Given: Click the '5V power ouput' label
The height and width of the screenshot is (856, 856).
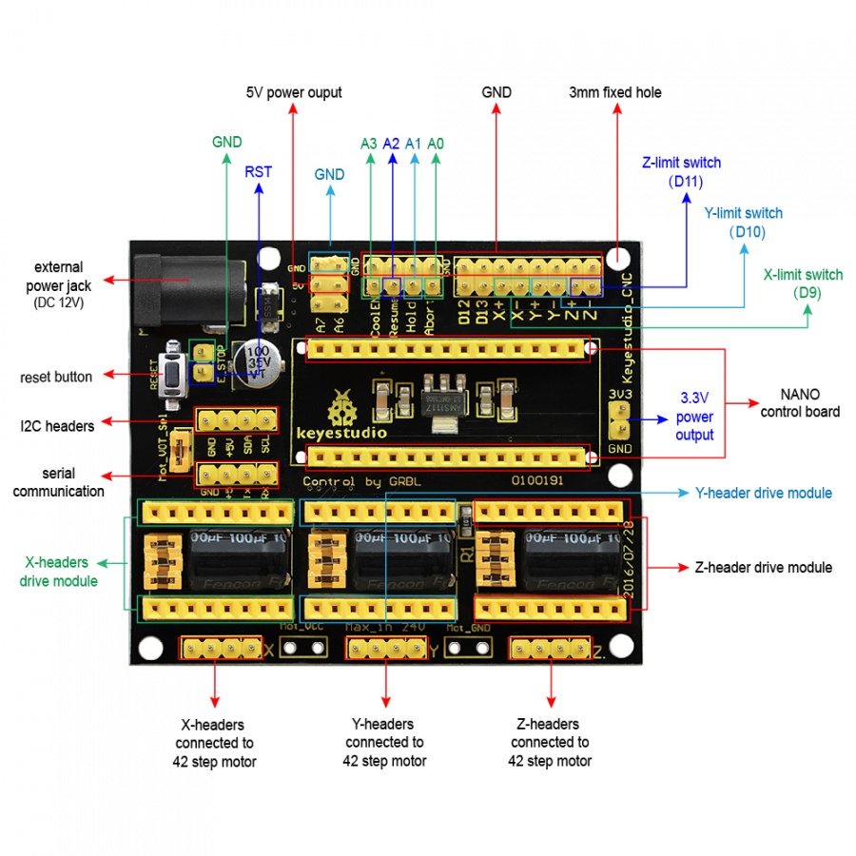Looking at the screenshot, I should click(x=293, y=92).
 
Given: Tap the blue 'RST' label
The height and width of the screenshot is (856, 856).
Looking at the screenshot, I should click(x=258, y=171).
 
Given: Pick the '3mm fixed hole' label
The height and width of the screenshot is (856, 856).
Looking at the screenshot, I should click(x=614, y=92).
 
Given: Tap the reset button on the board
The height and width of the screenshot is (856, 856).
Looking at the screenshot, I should click(x=174, y=374).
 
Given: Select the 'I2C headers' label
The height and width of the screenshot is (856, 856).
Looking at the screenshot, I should click(x=57, y=426).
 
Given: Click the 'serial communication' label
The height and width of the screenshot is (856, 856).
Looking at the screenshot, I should click(x=59, y=482).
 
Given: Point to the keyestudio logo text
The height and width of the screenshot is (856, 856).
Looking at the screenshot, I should click(x=341, y=433).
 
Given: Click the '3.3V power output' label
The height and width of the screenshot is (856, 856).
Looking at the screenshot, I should click(x=694, y=416).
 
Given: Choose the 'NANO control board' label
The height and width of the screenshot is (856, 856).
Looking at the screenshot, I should click(x=799, y=402).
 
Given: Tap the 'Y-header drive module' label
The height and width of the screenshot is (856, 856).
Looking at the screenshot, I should click(x=763, y=493).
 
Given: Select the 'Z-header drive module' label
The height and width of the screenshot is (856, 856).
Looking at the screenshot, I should click(x=763, y=567).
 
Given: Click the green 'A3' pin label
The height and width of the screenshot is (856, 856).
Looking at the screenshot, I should click(x=368, y=144).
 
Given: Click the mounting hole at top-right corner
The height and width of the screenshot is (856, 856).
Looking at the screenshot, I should click(x=619, y=258).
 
